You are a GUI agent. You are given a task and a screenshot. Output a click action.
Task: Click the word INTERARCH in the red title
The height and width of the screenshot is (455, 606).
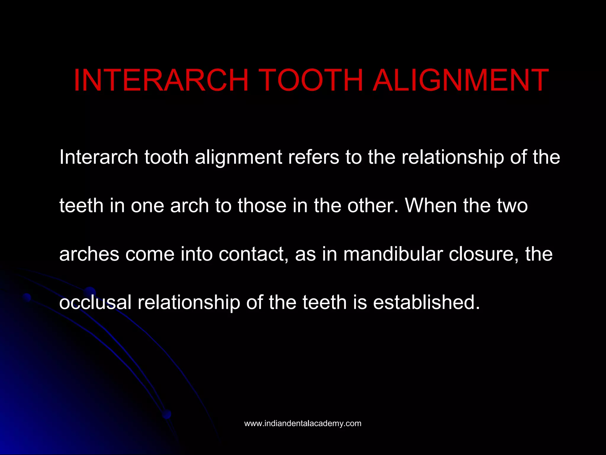coord(161,80)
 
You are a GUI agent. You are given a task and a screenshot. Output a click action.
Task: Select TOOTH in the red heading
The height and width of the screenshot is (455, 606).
coord(312,80)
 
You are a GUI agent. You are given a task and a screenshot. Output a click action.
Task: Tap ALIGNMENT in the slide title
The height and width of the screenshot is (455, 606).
coord(460,80)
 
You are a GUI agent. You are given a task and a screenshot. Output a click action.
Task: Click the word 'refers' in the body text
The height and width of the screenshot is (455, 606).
coord(313,157)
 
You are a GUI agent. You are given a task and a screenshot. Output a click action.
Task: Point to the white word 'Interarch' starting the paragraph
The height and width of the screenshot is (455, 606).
coord(99,157)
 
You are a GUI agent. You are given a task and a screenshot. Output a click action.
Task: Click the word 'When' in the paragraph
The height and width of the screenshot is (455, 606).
coord(431,205)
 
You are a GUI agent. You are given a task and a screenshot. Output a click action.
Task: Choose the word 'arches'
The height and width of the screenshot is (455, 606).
coord(89,254)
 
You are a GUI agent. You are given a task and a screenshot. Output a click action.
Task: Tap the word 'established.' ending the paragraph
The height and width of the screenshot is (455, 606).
coord(426,302)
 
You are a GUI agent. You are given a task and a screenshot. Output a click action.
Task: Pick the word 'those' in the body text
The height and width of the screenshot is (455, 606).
coord(262,205)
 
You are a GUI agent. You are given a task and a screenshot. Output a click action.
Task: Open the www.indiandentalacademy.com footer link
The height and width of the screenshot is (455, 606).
coord(303,423)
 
